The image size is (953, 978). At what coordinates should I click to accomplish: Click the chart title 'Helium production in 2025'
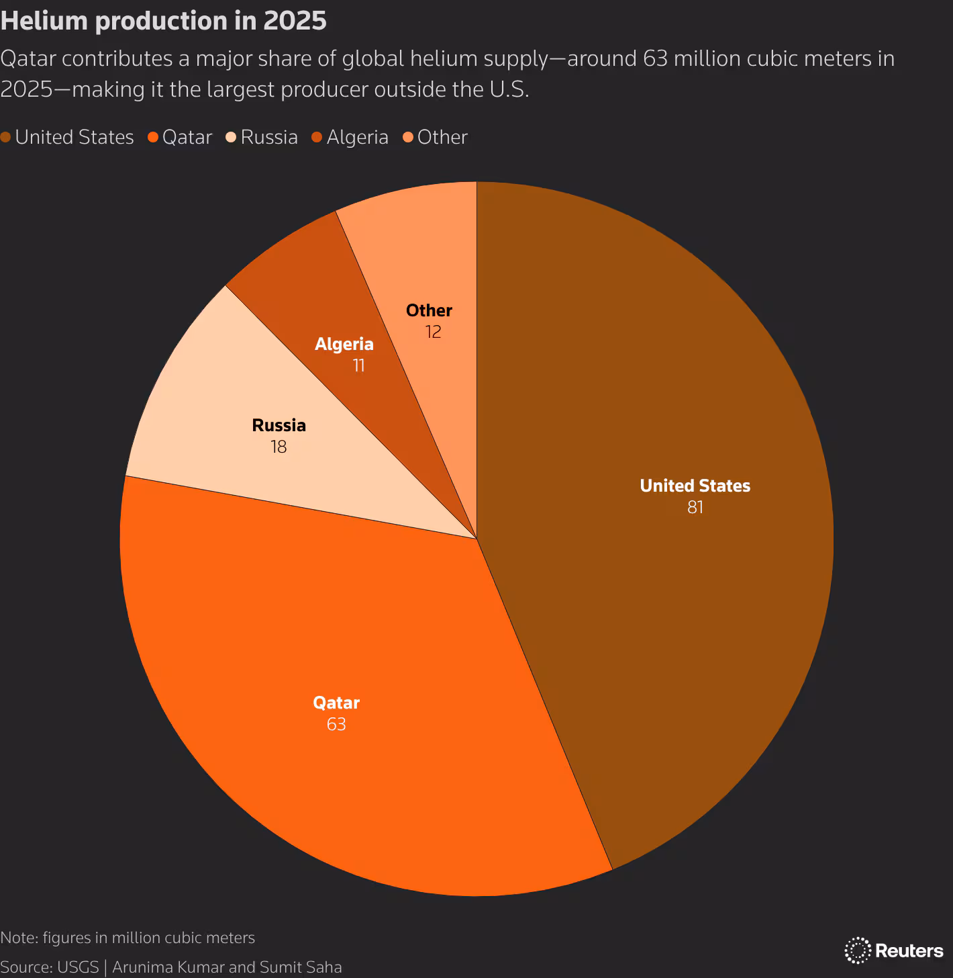(x=163, y=21)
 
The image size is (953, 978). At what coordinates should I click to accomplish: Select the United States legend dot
(x=6, y=138)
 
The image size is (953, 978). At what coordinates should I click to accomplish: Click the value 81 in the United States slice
(x=695, y=507)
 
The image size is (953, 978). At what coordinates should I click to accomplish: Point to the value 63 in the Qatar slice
(x=336, y=724)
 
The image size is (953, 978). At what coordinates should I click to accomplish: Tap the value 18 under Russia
(x=279, y=447)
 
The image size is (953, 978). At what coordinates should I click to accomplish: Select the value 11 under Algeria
(x=358, y=365)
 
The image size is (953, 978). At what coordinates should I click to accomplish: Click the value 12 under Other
(x=433, y=332)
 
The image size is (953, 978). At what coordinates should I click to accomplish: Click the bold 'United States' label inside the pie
(x=695, y=486)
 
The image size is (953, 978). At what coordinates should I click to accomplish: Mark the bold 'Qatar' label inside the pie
(x=336, y=703)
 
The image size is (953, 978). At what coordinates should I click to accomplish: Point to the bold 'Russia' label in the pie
(x=279, y=425)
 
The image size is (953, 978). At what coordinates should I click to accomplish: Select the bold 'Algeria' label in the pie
(x=344, y=344)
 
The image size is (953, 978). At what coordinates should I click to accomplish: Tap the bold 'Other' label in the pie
(x=429, y=310)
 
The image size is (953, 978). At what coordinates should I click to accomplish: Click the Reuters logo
(x=894, y=950)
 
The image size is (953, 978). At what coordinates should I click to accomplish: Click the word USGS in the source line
(x=78, y=967)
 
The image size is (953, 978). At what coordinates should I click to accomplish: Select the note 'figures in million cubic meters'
(x=148, y=938)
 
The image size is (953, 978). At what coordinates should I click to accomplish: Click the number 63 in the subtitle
(x=655, y=58)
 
